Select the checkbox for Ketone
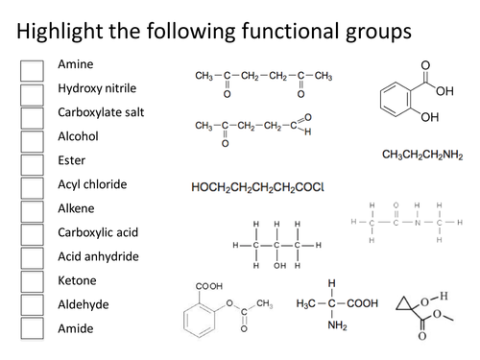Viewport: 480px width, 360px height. coord(32,281)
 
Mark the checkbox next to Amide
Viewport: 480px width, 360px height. coord(32,328)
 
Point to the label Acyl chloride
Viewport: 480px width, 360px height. coord(92,183)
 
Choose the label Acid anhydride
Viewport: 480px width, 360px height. coord(98,256)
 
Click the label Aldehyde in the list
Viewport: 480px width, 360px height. coord(83,304)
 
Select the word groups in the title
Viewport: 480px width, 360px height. coord(373,31)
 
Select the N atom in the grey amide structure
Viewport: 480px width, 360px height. coord(404,223)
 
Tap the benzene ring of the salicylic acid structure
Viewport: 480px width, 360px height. coord(396,99)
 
